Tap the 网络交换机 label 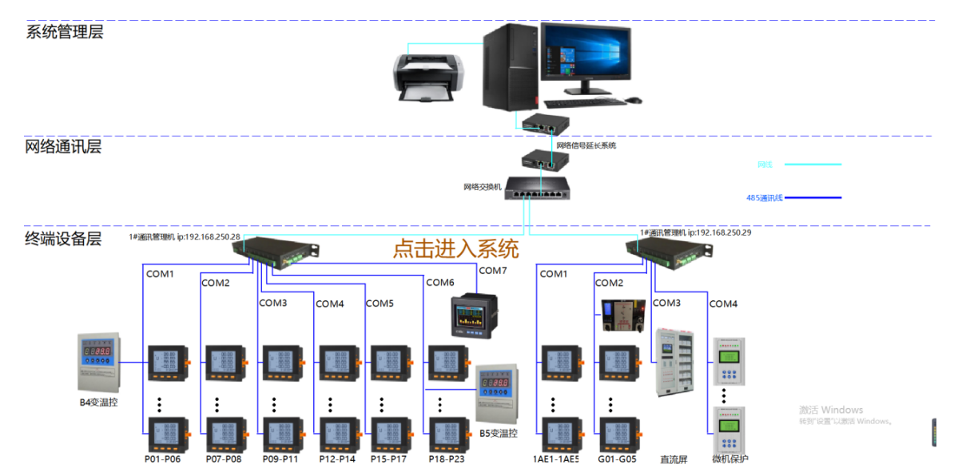coord(482,187)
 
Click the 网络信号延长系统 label coord(586,145)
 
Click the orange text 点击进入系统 coord(455,248)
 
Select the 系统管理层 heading coord(65,32)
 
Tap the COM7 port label coord(492,271)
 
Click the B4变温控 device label coord(98,403)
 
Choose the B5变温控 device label coord(499,434)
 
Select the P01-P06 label coord(162,459)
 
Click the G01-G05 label coord(617,459)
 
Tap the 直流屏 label coord(673,459)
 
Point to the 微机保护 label coord(730,459)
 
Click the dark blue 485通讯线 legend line coord(812,197)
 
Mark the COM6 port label coord(439,282)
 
